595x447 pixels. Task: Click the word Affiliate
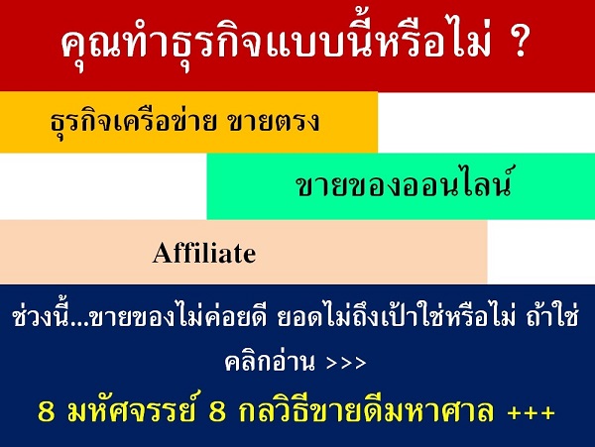(204, 254)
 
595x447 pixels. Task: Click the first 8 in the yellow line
(44, 409)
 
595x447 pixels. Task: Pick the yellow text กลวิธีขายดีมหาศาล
(377, 409)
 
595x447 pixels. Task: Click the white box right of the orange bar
(486, 122)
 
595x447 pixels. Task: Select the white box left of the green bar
(103, 185)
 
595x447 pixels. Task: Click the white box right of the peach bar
(540, 252)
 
